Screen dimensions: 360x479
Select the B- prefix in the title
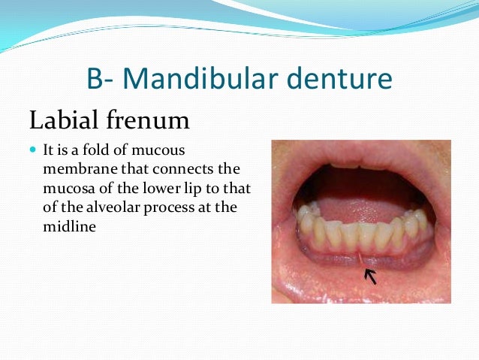(x=101, y=78)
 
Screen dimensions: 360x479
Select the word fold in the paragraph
(x=108, y=151)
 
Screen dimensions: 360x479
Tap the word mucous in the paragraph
(x=170, y=151)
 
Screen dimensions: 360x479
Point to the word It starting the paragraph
(x=51, y=151)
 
